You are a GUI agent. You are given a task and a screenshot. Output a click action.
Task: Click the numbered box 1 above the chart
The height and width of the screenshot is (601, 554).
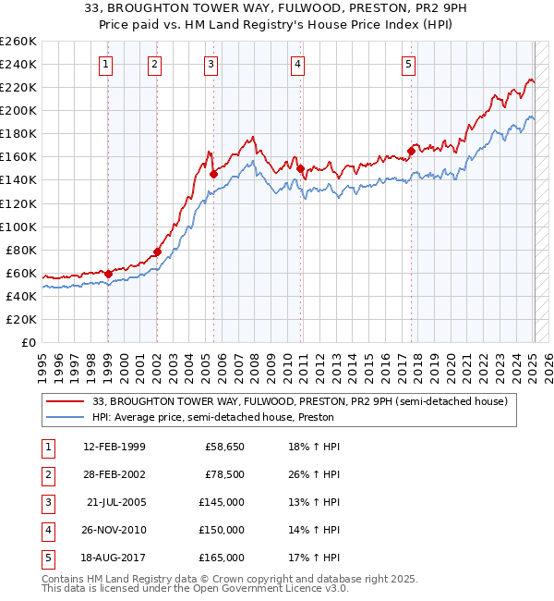coord(107,64)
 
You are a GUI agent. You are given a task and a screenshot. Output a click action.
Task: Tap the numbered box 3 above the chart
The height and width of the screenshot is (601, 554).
coord(211,64)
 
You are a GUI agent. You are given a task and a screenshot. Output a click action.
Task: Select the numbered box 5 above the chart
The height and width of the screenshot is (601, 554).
coord(408,64)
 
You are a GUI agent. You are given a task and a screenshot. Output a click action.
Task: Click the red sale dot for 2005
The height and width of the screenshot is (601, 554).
coord(213,174)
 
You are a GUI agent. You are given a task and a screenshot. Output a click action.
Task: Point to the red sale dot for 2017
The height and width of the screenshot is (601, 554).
coord(411,151)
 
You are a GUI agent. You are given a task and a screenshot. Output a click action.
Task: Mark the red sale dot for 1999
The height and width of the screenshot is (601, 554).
coord(108,274)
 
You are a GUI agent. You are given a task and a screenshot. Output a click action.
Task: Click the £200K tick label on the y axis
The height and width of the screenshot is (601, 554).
coord(18,110)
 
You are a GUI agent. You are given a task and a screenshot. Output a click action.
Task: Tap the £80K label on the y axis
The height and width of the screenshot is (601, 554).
coord(22,250)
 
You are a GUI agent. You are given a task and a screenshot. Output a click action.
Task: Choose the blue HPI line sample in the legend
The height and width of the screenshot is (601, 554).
coord(66,417)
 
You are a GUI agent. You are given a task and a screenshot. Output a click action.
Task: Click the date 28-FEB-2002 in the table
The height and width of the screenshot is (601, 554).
coord(114,474)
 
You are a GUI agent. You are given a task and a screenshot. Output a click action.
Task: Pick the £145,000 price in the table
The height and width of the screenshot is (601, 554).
coord(223,502)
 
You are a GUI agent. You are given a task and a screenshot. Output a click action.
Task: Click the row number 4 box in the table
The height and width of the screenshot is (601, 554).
coord(46,530)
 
